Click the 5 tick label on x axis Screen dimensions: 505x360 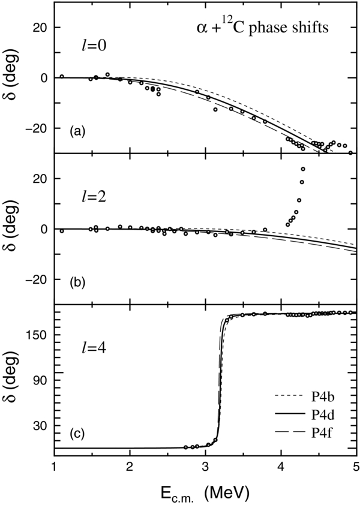coord(355,466)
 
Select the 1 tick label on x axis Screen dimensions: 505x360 coord(55,466)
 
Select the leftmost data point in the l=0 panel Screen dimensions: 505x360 coord(62,76)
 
